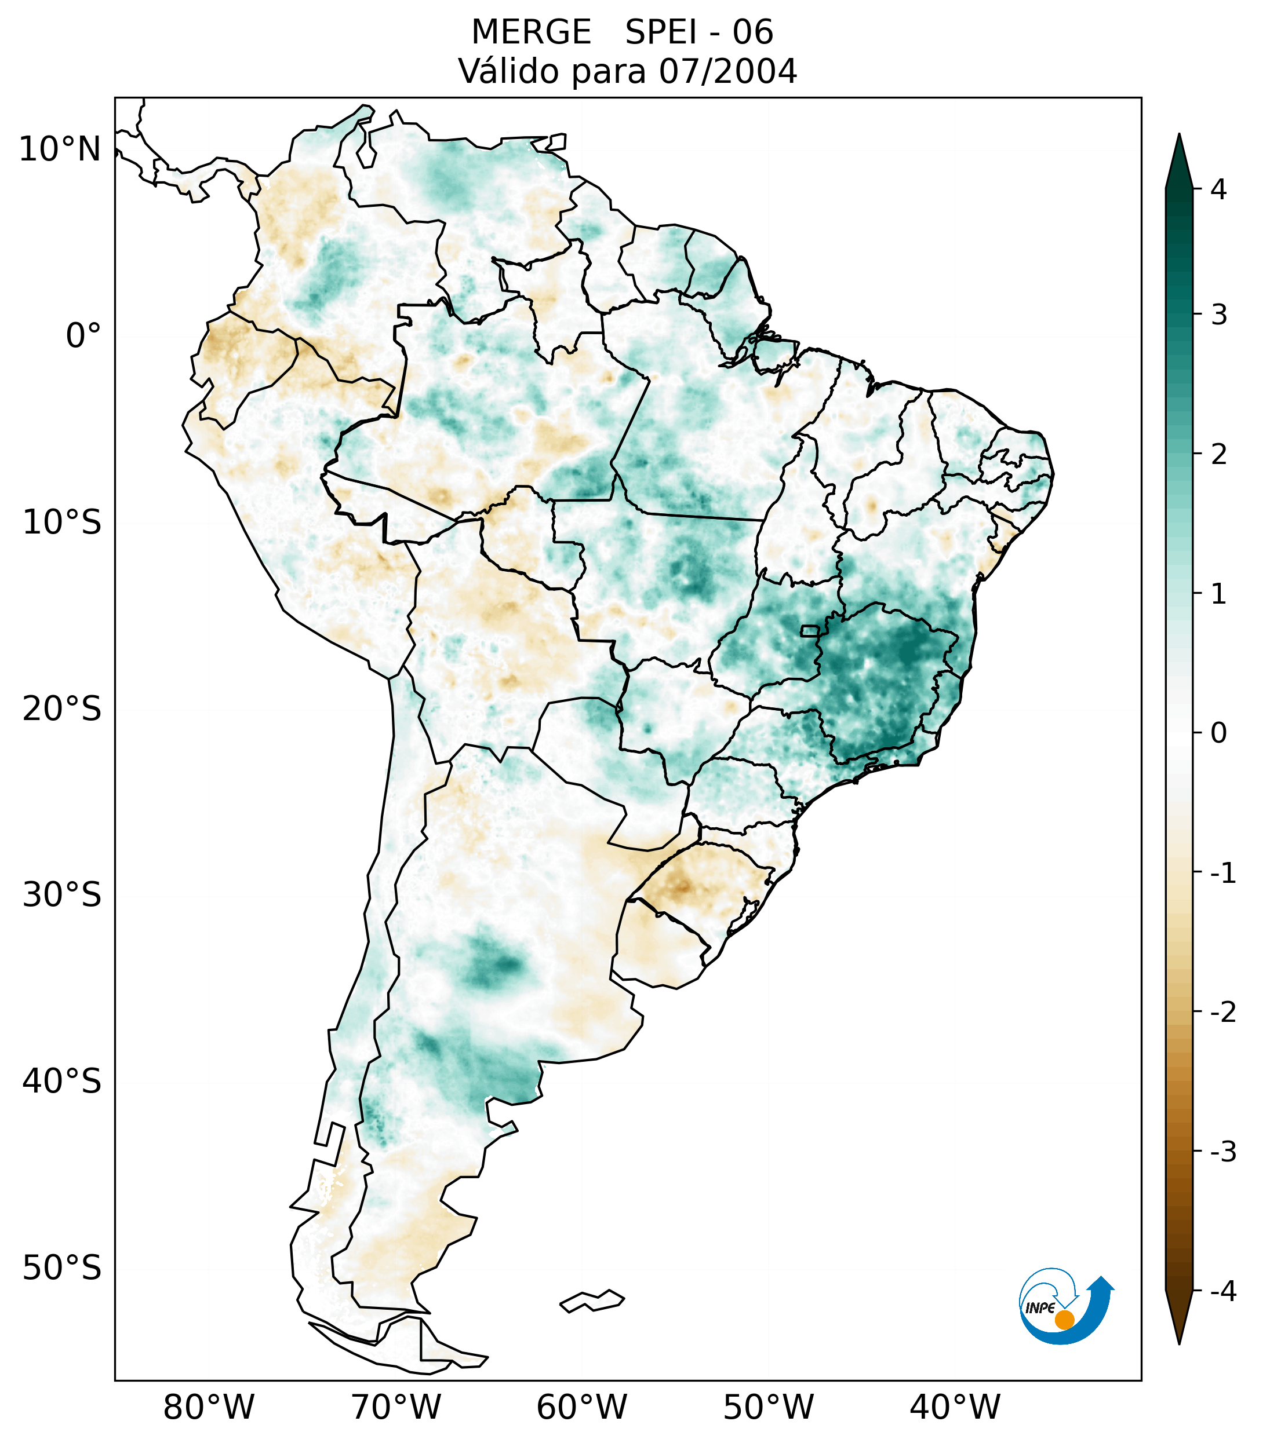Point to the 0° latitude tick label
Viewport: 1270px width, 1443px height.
pos(83,336)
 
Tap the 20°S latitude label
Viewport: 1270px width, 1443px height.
pos(62,709)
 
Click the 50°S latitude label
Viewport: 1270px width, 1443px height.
pos(62,1269)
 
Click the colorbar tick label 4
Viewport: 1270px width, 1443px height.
pos(1218,189)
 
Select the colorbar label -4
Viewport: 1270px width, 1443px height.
pos(1222,1292)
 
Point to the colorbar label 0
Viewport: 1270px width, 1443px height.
pos(1218,733)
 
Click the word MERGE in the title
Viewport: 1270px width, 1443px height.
pos(531,32)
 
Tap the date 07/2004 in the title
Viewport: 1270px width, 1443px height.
pos(727,71)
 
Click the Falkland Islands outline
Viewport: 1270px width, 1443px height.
pos(592,1300)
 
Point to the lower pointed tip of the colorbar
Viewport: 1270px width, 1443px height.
pos(1179,1342)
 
